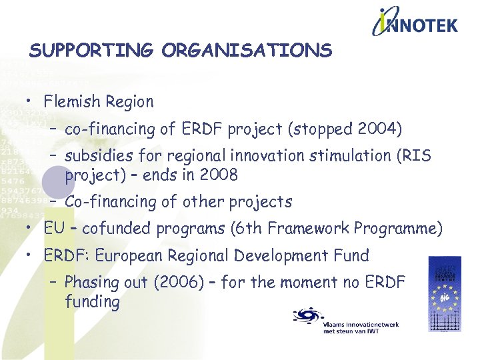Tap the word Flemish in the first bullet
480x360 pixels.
[70, 102]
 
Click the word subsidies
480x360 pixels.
[95, 156]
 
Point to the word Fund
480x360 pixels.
[351, 255]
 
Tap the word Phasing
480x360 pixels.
[92, 282]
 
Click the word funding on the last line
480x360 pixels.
[92, 301]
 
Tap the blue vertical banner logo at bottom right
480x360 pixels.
[444, 293]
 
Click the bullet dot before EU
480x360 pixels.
[31, 229]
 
